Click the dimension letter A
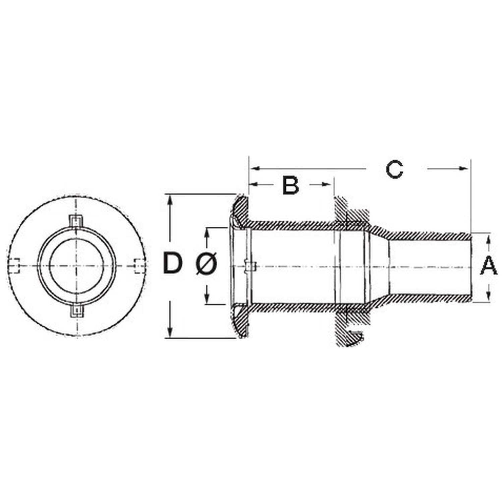(489, 265)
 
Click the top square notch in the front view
(77, 220)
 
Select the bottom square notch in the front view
(77, 311)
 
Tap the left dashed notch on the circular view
(14, 266)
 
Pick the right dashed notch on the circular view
(139, 266)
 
